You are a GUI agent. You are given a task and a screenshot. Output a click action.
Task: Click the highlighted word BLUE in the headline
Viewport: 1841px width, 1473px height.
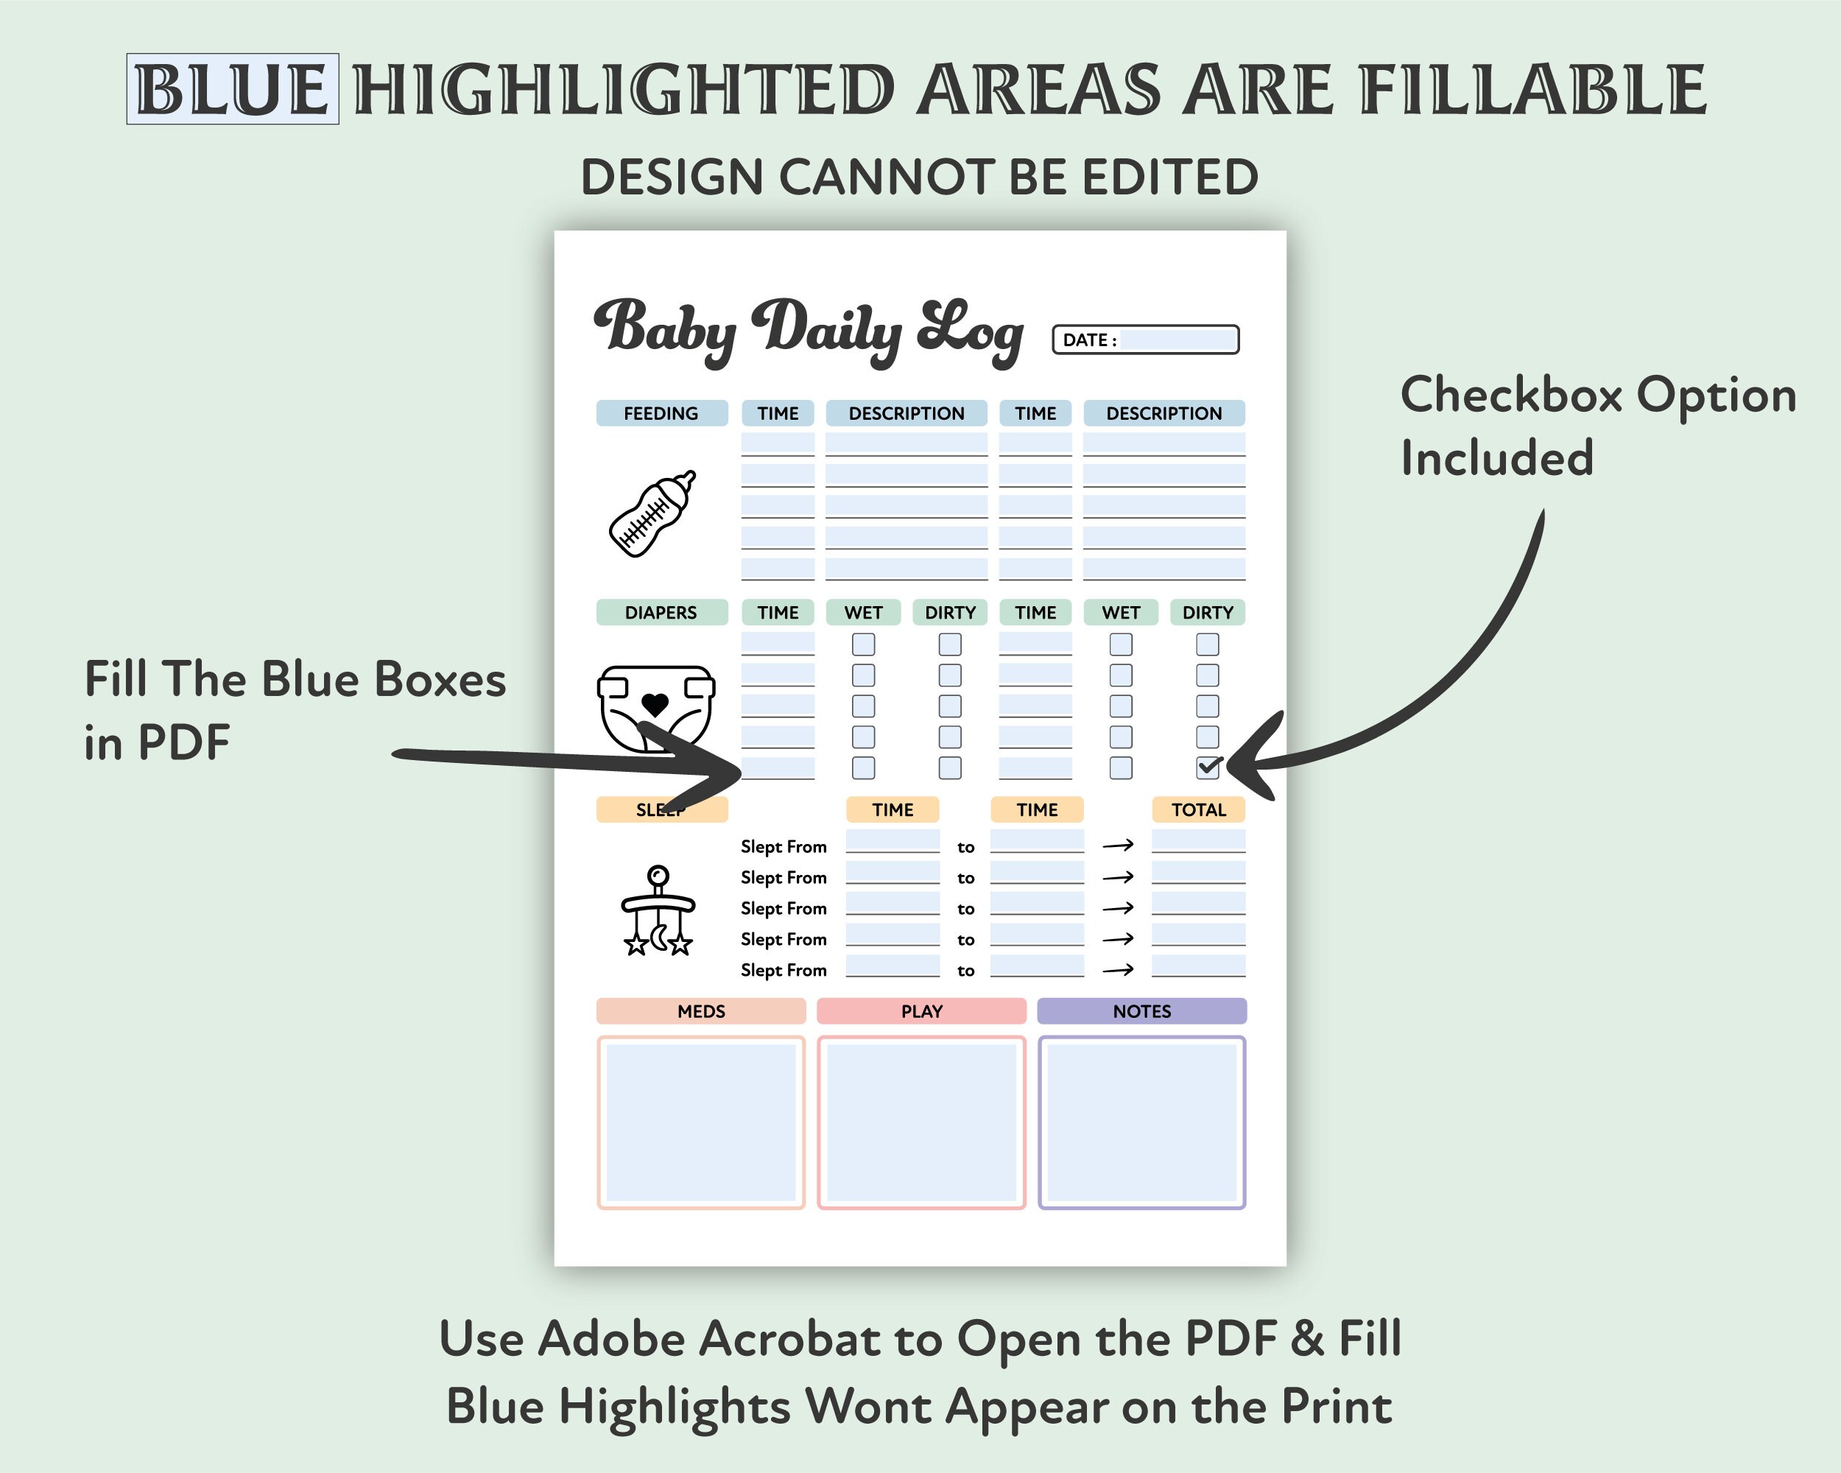(x=232, y=89)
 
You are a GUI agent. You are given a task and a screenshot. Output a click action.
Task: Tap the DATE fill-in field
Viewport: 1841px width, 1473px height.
(x=1178, y=340)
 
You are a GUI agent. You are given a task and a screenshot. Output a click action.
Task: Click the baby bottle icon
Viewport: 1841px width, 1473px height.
(x=652, y=513)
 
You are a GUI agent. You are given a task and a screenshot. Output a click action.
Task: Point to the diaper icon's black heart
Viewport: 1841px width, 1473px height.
(x=655, y=706)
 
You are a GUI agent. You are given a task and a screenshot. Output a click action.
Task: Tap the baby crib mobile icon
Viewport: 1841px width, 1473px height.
(x=658, y=911)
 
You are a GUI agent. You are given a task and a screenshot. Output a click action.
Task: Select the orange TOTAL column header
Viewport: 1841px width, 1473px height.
(x=1198, y=809)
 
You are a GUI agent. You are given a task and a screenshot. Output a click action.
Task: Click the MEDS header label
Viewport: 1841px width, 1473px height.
(x=701, y=1011)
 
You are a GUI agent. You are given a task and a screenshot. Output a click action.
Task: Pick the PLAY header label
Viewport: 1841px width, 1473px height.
(x=921, y=1011)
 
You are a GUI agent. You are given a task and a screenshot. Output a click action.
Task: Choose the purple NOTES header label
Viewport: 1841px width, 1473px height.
(x=1141, y=1011)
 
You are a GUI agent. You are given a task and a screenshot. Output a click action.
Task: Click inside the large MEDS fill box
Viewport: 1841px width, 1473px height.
(x=701, y=1122)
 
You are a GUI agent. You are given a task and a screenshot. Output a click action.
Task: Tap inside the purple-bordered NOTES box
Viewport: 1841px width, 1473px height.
(x=1141, y=1122)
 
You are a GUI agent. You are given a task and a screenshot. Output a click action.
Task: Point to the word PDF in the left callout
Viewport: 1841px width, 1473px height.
(x=183, y=742)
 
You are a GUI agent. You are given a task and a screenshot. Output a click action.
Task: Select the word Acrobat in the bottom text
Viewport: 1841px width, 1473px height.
(x=789, y=1338)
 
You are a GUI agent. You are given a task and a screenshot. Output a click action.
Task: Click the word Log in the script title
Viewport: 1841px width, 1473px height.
(x=971, y=331)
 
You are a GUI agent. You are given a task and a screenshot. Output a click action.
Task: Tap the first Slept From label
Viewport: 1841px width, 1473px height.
(x=783, y=846)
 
